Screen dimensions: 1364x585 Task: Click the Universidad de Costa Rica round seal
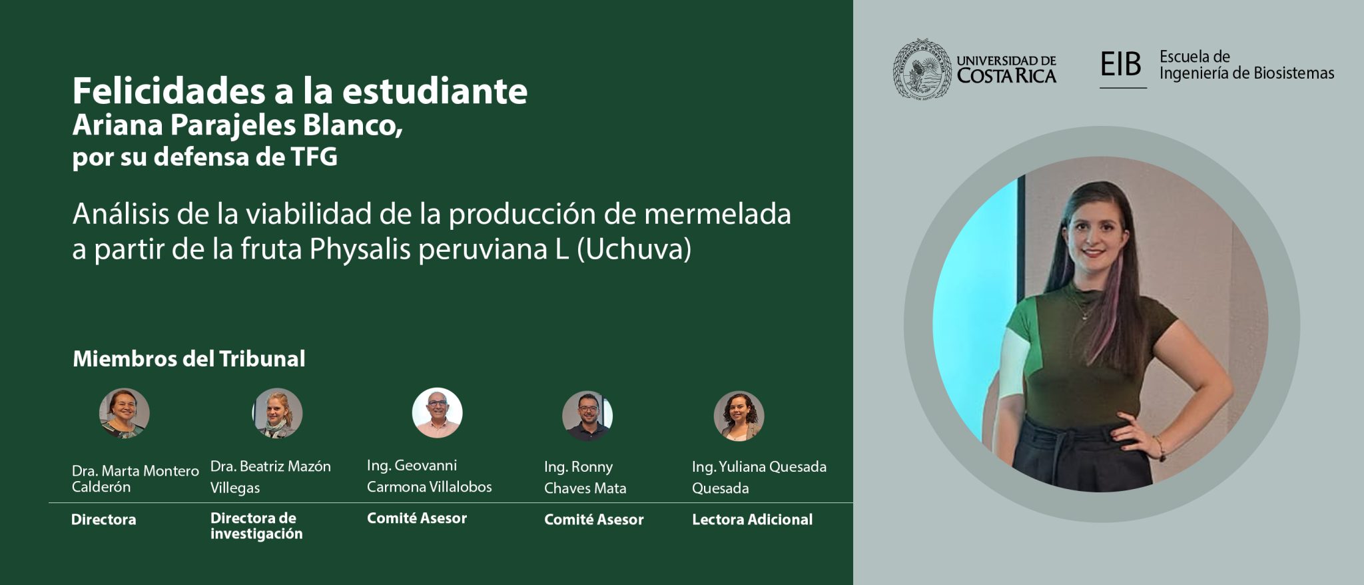point(922,69)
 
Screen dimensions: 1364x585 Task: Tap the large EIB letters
point(1121,64)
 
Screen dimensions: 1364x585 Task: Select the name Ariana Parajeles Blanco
point(237,126)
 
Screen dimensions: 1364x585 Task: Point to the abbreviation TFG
point(314,157)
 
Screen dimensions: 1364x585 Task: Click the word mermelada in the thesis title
point(717,214)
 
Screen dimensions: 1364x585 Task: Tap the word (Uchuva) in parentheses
point(634,249)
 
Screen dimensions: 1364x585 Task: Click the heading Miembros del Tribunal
point(189,358)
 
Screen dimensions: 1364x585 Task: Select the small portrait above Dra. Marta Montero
point(125,413)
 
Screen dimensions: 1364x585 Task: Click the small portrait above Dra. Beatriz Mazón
point(277,413)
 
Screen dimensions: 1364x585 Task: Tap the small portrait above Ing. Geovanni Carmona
point(437,412)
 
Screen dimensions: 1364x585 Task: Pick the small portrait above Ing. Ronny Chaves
point(587,415)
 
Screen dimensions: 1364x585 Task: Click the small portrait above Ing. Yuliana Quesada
point(739,416)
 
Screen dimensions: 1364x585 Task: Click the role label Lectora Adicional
point(752,520)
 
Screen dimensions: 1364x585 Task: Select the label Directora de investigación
point(256,526)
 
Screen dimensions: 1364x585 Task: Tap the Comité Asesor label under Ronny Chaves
point(594,520)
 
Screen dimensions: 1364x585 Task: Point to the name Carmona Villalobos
point(430,487)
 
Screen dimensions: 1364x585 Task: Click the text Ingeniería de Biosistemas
point(1247,73)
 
